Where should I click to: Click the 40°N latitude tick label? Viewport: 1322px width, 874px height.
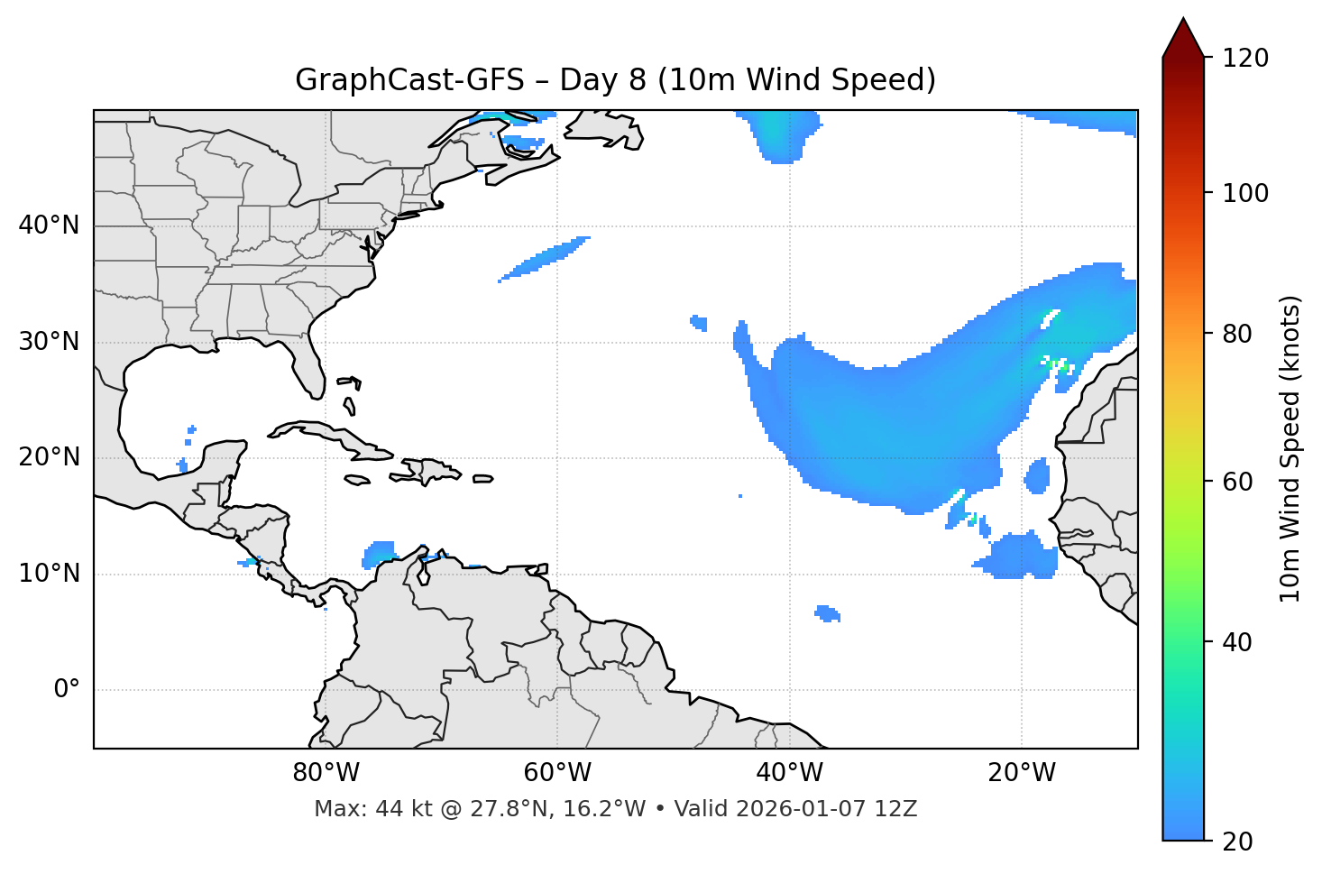[x=49, y=225]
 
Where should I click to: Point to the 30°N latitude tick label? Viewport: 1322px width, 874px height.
[x=49, y=342]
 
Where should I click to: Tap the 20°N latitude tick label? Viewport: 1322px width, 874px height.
[x=49, y=457]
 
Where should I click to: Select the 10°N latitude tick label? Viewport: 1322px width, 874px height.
[x=49, y=574]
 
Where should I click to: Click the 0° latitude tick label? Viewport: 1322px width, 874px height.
[x=66, y=690]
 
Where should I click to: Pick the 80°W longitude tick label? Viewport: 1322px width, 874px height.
[x=326, y=773]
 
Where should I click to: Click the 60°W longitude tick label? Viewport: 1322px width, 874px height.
[x=557, y=773]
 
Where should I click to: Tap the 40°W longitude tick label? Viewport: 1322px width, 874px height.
[x=789, y=773]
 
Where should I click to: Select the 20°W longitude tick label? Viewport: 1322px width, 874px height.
[x=1022, y=773]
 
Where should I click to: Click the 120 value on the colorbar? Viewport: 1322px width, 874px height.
[x=1244, y=59]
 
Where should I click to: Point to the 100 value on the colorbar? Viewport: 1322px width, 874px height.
[x=1244, y=193]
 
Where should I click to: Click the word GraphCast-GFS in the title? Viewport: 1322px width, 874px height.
[x=409, y=80]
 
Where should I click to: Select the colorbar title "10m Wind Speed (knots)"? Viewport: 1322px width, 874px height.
[x=1290, y=448]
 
